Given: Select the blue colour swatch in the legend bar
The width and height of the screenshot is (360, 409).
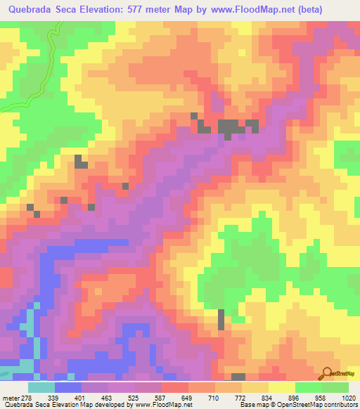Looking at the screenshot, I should tap(68, 387).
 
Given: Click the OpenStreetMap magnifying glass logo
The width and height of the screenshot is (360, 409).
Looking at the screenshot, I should tap(328, 373).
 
